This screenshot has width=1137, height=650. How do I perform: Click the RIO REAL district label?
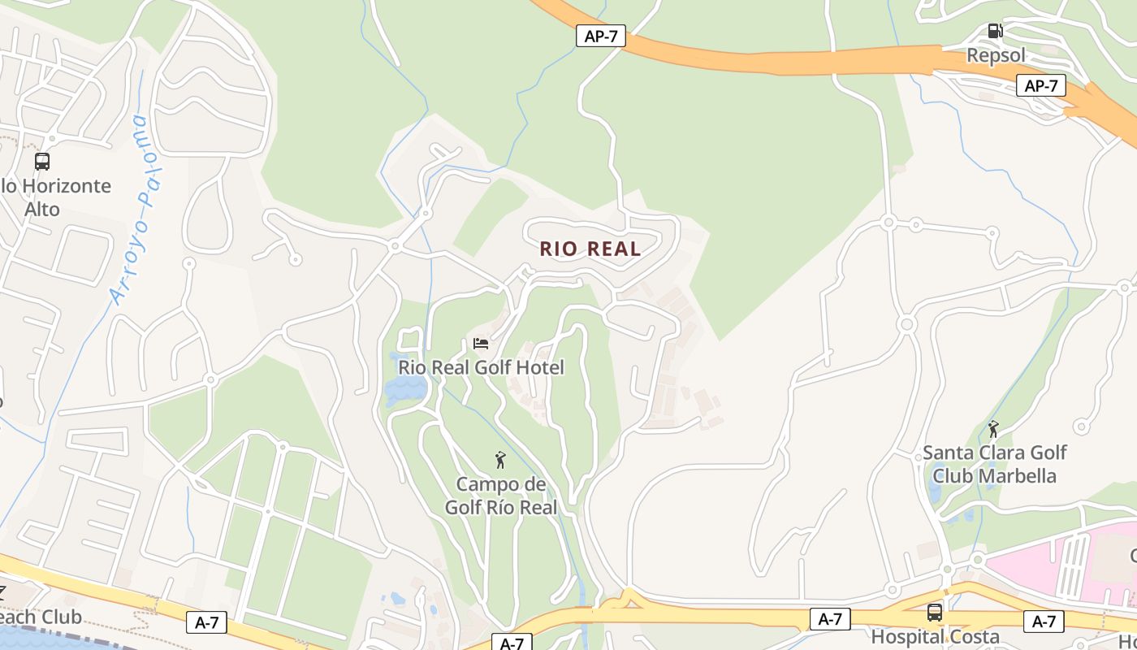(x=590, y=249)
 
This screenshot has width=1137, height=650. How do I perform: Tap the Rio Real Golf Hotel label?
(x=481, y=368)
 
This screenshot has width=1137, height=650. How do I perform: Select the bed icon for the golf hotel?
(x=481, y=344)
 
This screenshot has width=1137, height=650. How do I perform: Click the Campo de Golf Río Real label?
(x=500, y=496)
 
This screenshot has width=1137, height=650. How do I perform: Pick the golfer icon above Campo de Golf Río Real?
(x=500, y=461)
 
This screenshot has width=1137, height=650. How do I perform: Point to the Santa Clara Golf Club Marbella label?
(x=994, y=464)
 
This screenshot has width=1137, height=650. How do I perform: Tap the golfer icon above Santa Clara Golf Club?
(x=993, y=428)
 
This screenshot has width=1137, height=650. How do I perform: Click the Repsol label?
(x=996, y=55)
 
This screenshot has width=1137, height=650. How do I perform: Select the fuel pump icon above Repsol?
(x=995, y=32)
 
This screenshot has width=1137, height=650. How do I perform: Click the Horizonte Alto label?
(x=54, y=197)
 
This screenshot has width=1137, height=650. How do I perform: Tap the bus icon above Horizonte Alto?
(x=42, y=162)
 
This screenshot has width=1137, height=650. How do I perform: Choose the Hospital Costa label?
(x=935, y=637)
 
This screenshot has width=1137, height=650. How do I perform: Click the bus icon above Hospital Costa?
(x=935, y=613)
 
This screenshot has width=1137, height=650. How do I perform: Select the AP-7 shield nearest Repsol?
(x=1040, y=85)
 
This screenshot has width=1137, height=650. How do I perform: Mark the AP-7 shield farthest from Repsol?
(x=601, y=36)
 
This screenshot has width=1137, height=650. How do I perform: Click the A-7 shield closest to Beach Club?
(x=207, y=622)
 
